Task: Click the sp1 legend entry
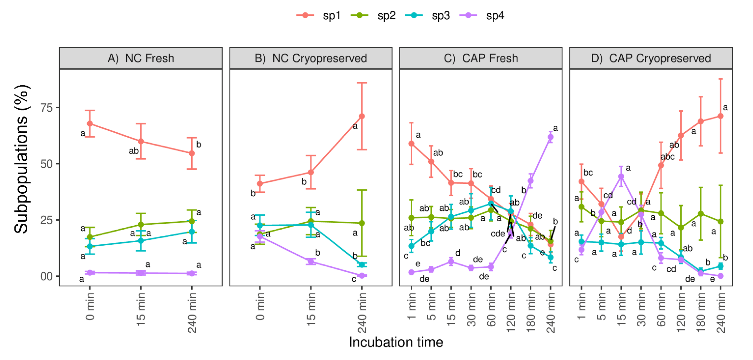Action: tap(319, 16)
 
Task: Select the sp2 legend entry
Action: tap(373, 16)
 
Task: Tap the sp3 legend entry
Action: tap(428, 16)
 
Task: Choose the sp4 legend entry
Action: tap(482, 16)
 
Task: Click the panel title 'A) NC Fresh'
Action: tap(141, 58)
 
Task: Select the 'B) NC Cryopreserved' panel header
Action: tap(311, 58)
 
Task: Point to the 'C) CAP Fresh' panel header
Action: tap(481, 58)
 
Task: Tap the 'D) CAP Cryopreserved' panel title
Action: tap(651, 58)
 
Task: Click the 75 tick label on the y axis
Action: tap(46, 108)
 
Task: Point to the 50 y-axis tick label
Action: tap(46, 164)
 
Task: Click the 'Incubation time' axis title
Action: tap(396, 342)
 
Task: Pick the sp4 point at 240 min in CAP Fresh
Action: tap(550, 137)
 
